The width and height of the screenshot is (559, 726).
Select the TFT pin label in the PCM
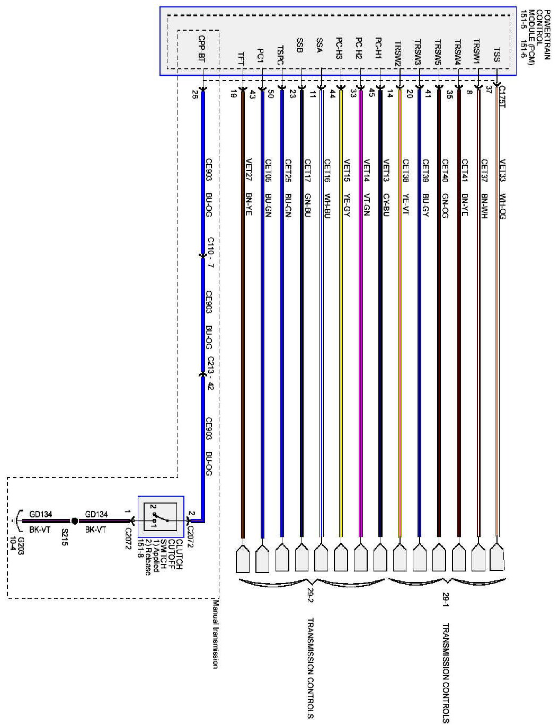point(241,58)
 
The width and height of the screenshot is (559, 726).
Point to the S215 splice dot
point(74,521)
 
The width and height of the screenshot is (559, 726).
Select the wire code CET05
point(268,168)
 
